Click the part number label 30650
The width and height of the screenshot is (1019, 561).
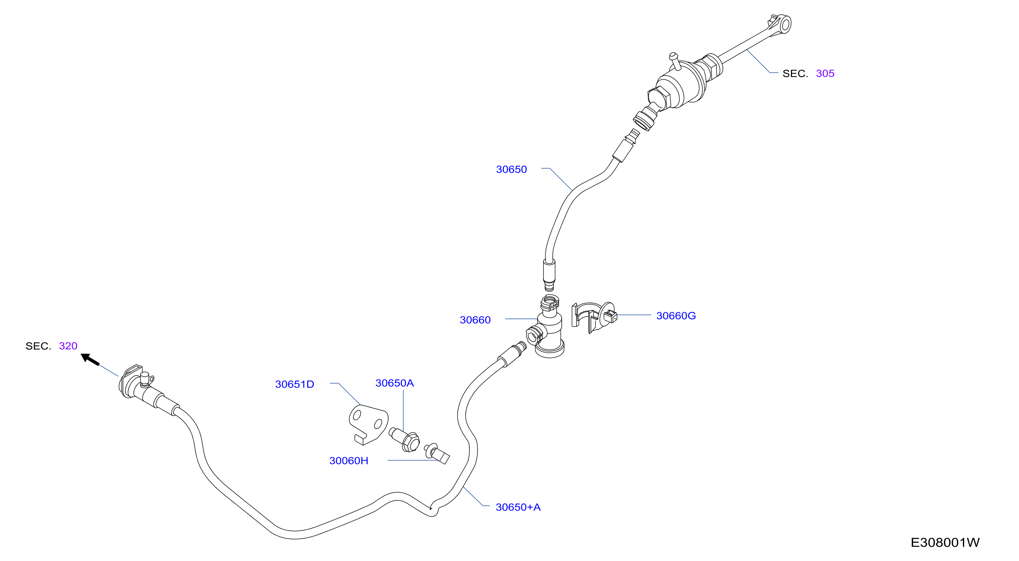click(x=511, y=170)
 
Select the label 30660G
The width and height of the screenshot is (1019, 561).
click(x=676, y=316)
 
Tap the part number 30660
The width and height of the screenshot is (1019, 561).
click(x=475, y=320)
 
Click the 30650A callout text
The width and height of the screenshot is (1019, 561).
click(x=395, y=383)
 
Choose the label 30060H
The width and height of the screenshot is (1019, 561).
click(x=349, y=461)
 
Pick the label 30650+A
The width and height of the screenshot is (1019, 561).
click(x=518, y=507)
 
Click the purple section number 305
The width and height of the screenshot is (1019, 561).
click(x=825, y=74)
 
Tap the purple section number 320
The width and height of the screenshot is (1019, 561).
click(x=68, y=346)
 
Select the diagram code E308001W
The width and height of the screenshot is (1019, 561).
click(x=945, y=542)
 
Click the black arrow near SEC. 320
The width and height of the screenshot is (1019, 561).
click(x=90, y=360)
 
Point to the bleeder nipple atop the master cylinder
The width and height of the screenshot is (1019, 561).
click(x=674, y=61)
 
